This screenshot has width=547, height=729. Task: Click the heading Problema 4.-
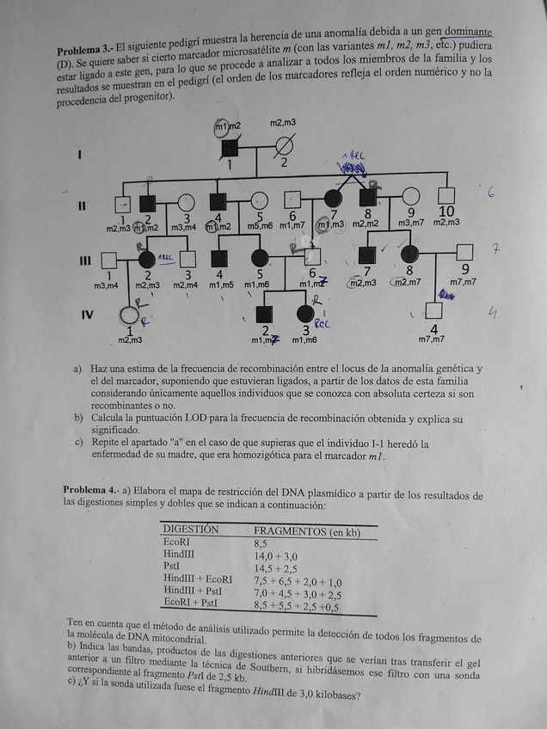click(x=90, y=490)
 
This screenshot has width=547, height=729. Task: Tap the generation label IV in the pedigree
click(x=86, y=315)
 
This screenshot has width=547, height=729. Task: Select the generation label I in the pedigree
click(x=80, y=155)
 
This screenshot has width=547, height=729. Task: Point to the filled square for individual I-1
click(x=230, y=147)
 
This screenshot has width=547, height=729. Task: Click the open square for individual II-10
click(x=446, y=195)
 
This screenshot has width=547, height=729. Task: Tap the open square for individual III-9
click(x=465, y=252)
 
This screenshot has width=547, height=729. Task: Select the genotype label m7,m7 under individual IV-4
click(x=432, y=340)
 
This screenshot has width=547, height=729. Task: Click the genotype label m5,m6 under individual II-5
click(x=260, y=226)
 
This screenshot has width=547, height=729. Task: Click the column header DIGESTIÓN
click(x=191, y=530)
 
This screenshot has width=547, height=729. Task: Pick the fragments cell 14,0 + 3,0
click(x=274, y=555)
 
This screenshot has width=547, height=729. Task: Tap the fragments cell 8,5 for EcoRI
click(x=261, y=543)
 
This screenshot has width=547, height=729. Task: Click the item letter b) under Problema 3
click(x=78, y=418)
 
